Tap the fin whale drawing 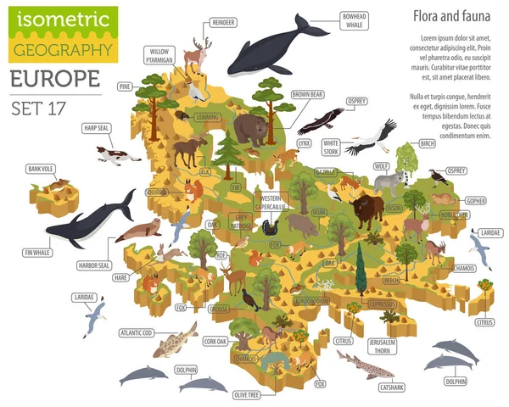pyautogui.click(x=89, y=221)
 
